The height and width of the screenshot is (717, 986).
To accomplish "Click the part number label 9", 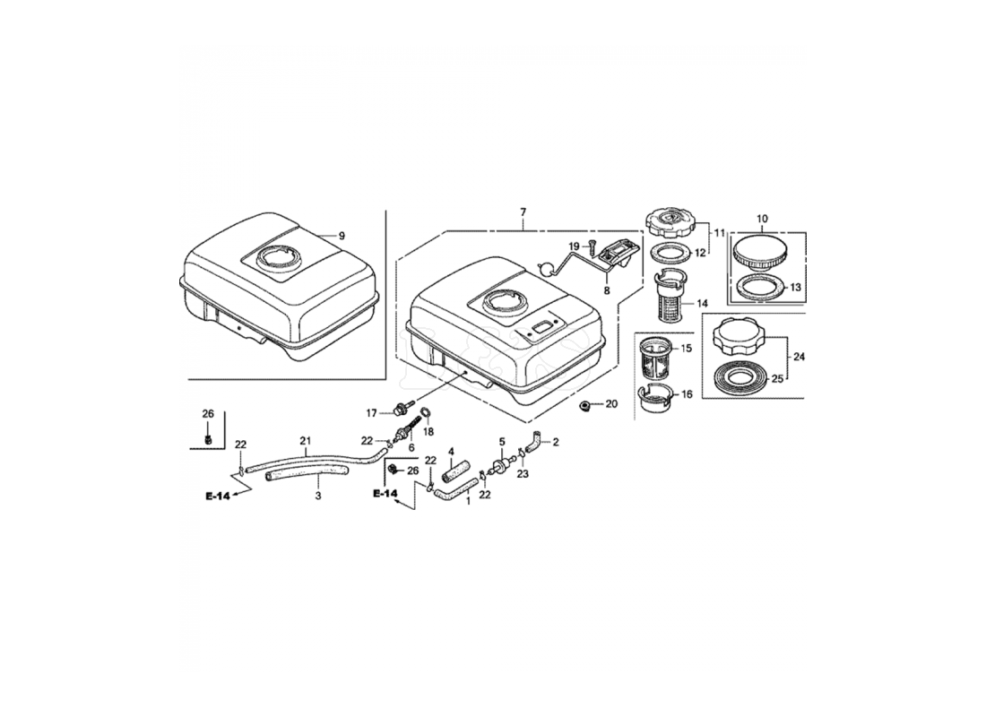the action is [x=342, y=236].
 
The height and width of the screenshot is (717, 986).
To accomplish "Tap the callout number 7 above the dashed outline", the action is [x=523, y=212].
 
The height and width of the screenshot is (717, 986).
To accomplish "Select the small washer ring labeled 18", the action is [x=426, y=413].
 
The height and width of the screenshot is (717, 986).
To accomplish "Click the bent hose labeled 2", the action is [x=533, y=441].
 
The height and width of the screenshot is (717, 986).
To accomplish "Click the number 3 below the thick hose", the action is [x=318, y=496].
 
